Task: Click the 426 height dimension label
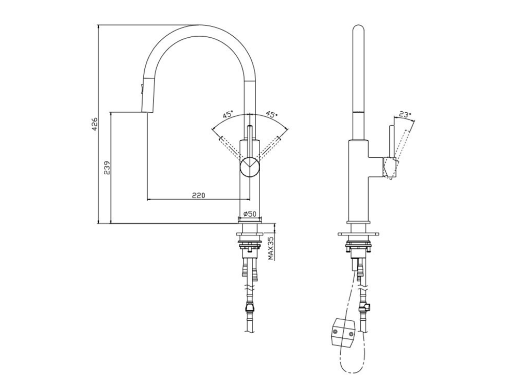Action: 95,124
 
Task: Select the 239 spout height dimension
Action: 107,168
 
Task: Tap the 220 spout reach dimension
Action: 199,196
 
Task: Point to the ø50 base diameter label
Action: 250,214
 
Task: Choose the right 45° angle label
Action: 272,114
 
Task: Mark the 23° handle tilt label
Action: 405,114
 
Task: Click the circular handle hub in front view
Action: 250,167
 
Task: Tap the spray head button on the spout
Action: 142,89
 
